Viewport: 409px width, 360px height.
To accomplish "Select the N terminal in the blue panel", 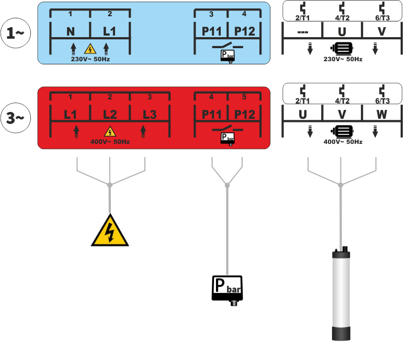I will pyautogui.click(x=71, y=32).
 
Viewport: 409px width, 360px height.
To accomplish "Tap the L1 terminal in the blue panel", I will pyautogui.click(x=109, y=32).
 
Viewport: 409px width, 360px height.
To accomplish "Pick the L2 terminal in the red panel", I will pyautogui.click(x=110, y=115).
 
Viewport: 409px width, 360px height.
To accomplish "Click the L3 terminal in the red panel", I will pyautogui.click(x=150, y=115).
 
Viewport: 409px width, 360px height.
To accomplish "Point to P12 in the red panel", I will pyautogui.click(x=244, y=115).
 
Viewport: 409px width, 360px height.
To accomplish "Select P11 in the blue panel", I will pyautogui.click(x=212, y=32).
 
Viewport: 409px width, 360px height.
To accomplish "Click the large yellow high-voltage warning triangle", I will pyautogui.click(x=110, y=231).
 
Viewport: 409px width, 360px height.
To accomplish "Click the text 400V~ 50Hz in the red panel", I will pyautogui.click(x=110, y=142).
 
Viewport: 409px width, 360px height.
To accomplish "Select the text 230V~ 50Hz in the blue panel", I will pyautogui.click(x=90, y=59).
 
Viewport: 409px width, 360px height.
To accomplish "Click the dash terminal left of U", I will pyautogui.click(x=302, y=32).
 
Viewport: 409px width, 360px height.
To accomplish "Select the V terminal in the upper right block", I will pyautogui.click(x=381, y=32).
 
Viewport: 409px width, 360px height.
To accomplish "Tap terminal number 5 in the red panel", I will pyautogui.click(x=244, y=97).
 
